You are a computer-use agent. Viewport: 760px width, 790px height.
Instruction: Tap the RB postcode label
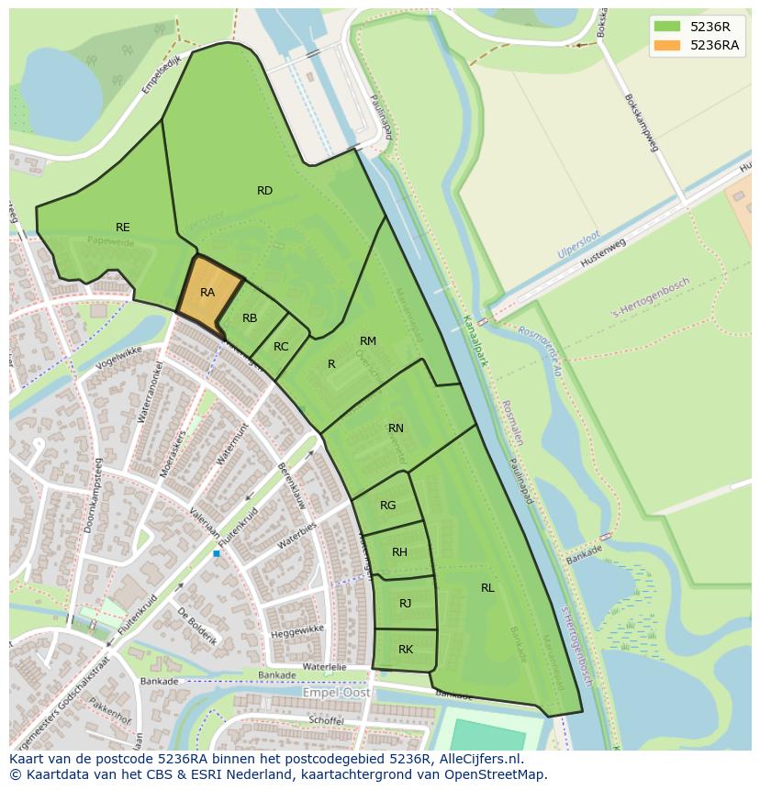[x=250, y=318]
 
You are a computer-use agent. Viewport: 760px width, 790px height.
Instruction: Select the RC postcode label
[x=281, y=347]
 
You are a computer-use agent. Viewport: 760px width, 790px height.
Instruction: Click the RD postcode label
[x=264, y=191]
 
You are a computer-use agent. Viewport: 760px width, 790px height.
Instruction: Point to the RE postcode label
[x=122, y=228]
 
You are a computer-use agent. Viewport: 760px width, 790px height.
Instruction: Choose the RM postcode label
[x=368, y=341]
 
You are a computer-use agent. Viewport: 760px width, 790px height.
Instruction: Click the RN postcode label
[x=396, y=428]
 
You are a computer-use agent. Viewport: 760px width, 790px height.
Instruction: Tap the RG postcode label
[x=388, y=506]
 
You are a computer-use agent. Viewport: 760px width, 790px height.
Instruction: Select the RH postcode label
[x=399, y=552]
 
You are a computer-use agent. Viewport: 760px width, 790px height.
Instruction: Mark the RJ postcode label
[x=405, y=603]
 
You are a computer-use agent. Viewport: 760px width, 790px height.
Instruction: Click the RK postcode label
[x=406, y=650]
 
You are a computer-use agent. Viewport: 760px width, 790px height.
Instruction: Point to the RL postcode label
[x=487, y=588]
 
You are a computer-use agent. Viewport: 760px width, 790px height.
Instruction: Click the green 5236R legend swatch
[x=667, y=27]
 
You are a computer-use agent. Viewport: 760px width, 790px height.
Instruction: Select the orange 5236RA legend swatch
[x=667, y=45]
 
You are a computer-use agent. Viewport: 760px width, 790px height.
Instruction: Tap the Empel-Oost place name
[x=337, y=694]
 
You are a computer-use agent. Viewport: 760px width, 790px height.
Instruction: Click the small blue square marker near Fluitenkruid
[x=217, y=553]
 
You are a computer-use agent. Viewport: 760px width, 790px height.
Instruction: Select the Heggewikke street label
[x=297, y=632]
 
